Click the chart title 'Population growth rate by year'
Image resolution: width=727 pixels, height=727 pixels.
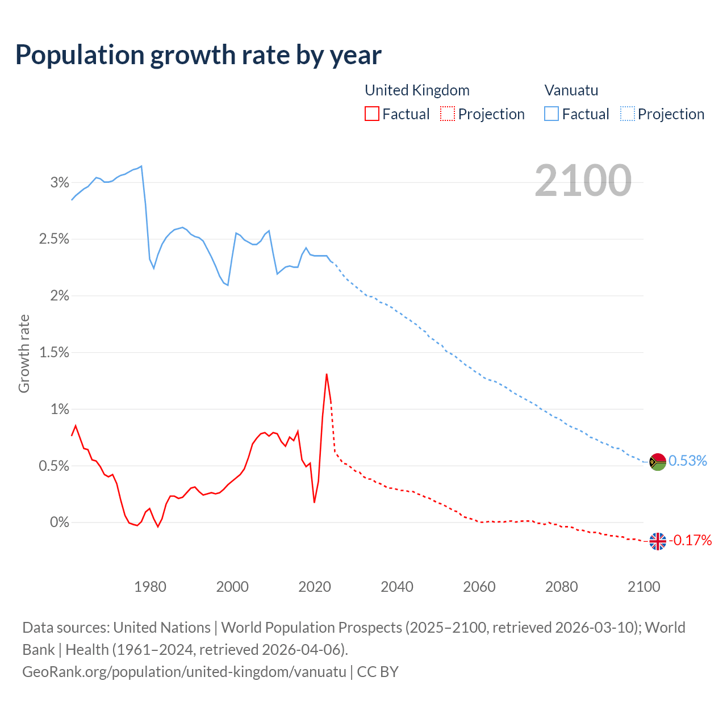198,55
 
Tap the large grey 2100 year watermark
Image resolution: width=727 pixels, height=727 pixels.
583,181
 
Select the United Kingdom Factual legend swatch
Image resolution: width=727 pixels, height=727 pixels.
372,114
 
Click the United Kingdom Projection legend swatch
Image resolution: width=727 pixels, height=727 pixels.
448,114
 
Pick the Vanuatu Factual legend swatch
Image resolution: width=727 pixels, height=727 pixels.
551,114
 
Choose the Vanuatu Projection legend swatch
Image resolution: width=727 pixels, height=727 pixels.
627,114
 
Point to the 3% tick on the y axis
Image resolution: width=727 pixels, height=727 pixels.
60,182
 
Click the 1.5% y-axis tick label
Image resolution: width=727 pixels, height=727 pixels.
54,353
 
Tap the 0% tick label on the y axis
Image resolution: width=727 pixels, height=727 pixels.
60,522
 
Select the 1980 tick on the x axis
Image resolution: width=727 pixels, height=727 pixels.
150,587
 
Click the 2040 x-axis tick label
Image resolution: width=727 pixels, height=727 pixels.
397,587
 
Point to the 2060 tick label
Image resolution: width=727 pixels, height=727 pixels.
479,587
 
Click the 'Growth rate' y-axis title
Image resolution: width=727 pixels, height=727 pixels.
24,353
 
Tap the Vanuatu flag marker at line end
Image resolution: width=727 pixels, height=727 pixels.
657,462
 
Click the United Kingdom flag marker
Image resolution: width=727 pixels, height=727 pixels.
657,541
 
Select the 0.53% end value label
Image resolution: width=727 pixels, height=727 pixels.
688,461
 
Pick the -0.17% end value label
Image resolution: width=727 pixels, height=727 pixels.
690,540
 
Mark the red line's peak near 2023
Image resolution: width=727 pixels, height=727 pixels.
327,374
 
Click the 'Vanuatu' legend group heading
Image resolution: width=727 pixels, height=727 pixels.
571,90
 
